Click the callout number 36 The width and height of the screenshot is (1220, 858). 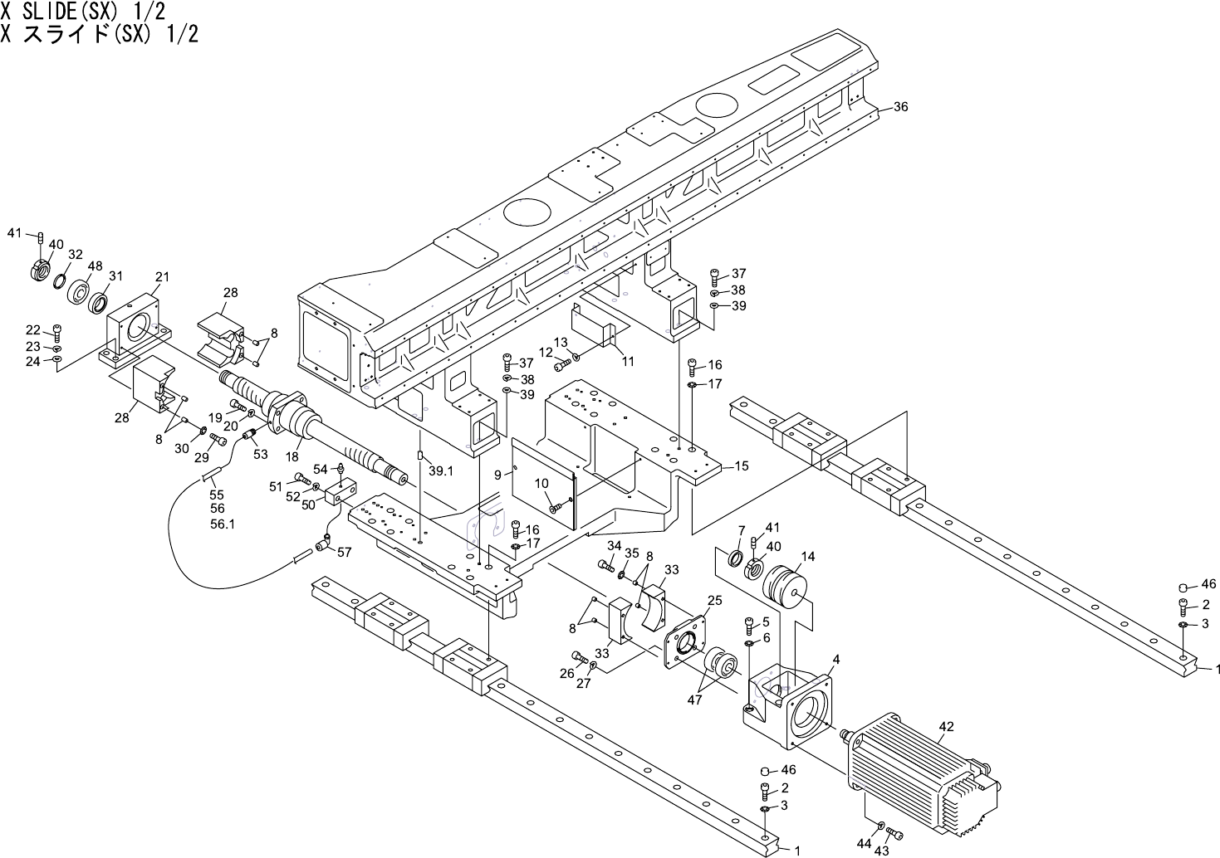(901, 107)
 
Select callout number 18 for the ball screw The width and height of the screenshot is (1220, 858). (292, 456)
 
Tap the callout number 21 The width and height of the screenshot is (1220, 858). (162, 276)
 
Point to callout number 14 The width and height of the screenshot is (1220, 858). (808, 557)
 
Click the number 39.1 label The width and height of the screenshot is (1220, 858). (440, 470)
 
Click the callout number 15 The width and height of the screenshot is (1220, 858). (741, 466)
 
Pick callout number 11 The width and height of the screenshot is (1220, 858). (628, 361)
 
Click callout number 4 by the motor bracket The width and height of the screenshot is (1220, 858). (836, 659)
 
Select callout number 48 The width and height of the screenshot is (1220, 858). (95, 266)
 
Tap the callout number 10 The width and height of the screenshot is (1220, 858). (541, 483)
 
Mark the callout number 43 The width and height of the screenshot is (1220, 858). (882, 851)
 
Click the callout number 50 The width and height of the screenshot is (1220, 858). (308, 505)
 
